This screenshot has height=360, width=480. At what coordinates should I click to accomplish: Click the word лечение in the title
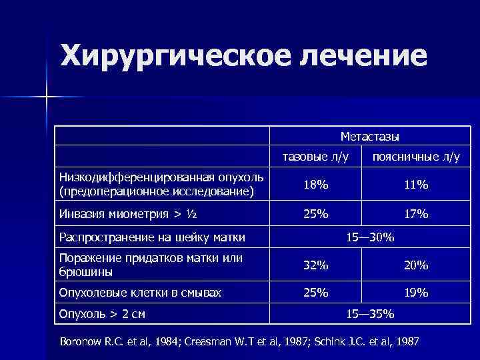point(361,56)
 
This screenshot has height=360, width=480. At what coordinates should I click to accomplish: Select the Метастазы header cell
point(370,137)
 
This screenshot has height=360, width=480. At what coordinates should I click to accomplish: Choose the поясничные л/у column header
point(416,158)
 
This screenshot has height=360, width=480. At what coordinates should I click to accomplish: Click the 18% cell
point(315,185)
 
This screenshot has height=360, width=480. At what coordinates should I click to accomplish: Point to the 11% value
point(415,185)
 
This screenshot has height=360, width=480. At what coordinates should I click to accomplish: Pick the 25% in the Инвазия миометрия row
point(315,214)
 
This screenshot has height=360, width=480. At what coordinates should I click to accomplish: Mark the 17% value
point(415,214)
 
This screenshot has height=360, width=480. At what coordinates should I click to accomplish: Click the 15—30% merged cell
point(370,237)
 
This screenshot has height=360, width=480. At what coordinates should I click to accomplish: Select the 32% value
point(315,265)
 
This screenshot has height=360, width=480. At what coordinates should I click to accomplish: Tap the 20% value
point(415,265)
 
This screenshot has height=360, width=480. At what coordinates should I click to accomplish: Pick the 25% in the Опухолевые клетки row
point(315,292)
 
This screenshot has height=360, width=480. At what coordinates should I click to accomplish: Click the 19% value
point(415,292)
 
